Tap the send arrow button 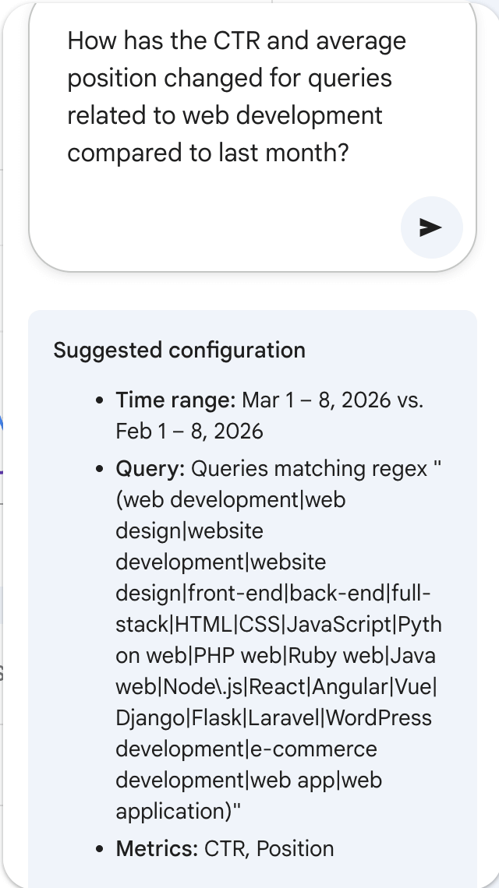pyautogui.click(x=431, y=227)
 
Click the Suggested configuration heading pyautogui.click(x=179, y=350)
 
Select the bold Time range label pyautogui.click(x=175, y=400)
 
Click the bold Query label pyautogui.click(x=150, y=469)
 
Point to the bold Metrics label pyautogui.click(x=157, y=848)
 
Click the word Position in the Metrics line pyautogui.click(x=295, y=848)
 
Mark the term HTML pyautogui.click(x=203, y=624)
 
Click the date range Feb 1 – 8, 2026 pyautogui.click(x=189, y=431)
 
